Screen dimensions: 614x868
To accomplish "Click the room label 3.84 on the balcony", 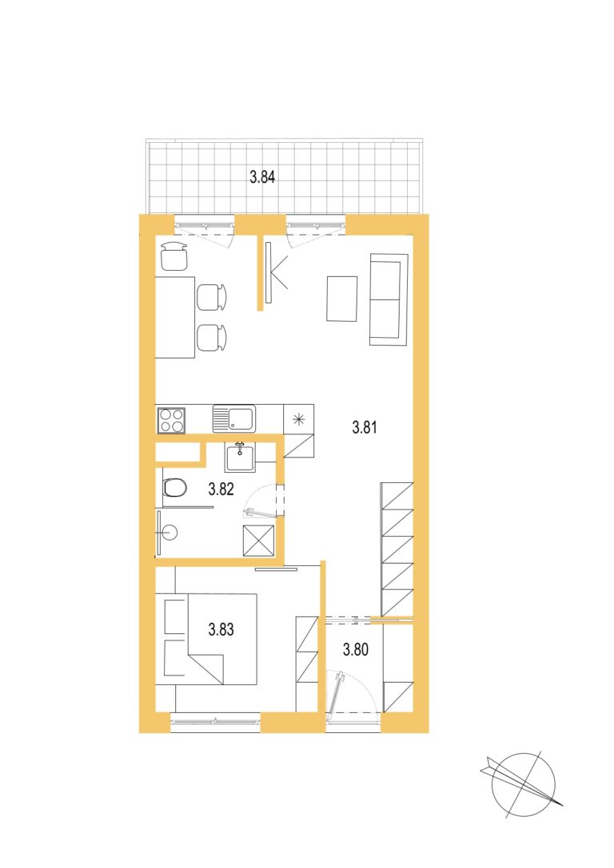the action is click(262, 177).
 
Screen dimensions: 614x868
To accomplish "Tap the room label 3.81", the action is click(365, 427).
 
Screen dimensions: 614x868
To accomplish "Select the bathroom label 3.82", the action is click(221, 489).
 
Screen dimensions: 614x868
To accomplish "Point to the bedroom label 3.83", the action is click(221, 629).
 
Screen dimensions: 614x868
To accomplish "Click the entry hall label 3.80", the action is click(355, 648).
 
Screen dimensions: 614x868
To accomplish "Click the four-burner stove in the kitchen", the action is click(171, 420).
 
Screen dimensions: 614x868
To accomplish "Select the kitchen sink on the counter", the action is click(234, 418).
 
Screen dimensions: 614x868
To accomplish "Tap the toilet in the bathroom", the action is click(174, 488).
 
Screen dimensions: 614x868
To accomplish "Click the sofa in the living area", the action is click(389, 299).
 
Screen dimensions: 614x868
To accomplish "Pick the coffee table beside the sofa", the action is click(342, 299).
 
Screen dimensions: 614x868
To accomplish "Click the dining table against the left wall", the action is click(175, 317).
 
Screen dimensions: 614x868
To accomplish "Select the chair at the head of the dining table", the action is click(173, 256).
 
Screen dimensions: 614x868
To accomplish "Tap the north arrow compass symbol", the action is click(523, 784).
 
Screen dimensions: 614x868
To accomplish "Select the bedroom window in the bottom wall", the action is click(215, 721).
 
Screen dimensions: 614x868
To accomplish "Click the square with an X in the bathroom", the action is click(259, 541).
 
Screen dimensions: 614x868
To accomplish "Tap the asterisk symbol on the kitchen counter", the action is click(299, 419).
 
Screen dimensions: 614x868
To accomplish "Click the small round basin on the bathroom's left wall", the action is click(169, 533).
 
